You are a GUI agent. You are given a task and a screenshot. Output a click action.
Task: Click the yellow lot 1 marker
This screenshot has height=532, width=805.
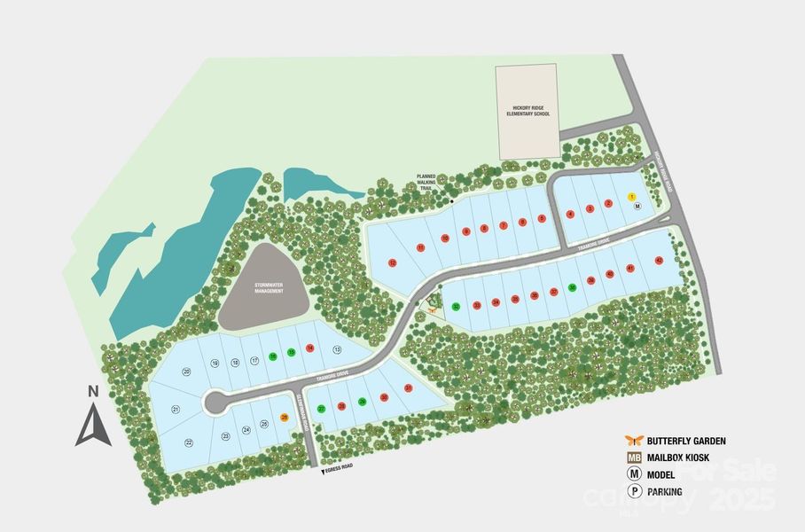(x=632, y=196)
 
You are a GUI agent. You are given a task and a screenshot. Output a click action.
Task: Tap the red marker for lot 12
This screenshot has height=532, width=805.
(x=392, y=263)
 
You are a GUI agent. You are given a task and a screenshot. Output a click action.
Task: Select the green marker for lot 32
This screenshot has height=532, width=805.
(x=456, y=307)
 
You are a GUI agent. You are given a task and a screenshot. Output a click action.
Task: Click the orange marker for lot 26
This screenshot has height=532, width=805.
(x=285, y=417)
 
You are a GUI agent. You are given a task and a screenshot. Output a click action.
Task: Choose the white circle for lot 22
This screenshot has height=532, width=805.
(x=189, y=442)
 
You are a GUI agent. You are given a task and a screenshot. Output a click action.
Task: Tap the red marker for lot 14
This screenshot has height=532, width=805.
(x=309, y=348)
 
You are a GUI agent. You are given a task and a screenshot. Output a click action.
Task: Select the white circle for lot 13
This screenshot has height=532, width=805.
(x=337, y=350)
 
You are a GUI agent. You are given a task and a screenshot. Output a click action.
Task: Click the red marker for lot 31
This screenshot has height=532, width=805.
(x=408, y=388)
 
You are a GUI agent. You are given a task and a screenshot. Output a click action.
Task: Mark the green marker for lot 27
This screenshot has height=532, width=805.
(x=321, y=409)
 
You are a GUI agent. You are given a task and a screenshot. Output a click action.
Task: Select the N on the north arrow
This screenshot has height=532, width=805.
(x=92, y=390)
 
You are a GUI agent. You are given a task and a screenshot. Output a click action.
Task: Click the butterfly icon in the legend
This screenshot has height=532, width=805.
(x=633, y=441)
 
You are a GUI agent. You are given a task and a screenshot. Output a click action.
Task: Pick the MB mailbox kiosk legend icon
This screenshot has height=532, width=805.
(x=633, y=458)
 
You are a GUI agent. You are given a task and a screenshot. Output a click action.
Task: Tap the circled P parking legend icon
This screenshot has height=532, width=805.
(x=633, y=493)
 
